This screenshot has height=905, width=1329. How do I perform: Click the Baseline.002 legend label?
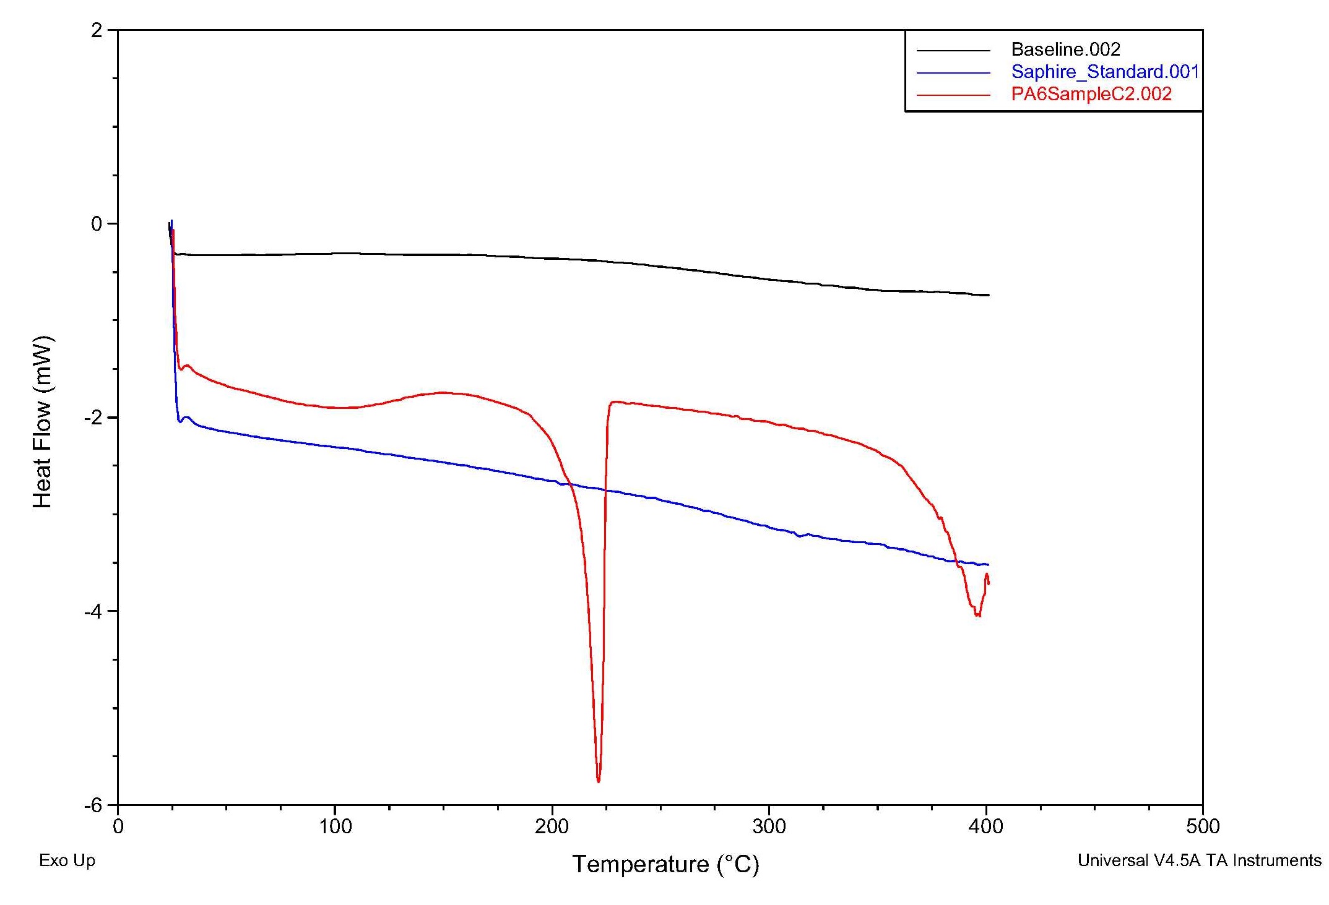point(1065,49)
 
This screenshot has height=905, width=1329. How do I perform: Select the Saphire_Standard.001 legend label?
point(1105,72)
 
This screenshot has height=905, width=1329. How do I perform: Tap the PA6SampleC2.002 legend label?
point(1091,94)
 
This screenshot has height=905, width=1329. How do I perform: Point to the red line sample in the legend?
point(953,95)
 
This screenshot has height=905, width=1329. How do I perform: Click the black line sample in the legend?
point(953,50)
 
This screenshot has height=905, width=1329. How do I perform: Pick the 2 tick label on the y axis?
point(97,30)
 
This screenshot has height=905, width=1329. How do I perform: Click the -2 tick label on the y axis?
point(93,418)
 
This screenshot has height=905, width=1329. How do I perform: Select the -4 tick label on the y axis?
point(93,612)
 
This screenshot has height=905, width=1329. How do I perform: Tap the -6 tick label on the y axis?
point(93,805)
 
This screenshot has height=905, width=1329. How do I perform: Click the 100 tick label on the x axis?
point(335,826)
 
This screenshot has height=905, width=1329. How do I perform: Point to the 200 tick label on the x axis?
point(552,826)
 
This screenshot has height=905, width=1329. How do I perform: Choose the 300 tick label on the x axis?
point(769,826)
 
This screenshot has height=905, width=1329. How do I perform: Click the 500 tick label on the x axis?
point(1203,826)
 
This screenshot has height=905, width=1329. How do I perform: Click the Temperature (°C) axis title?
point(665,864)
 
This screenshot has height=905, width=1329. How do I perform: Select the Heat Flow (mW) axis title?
point(43,422)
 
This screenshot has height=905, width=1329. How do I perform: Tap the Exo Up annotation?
point(67,860)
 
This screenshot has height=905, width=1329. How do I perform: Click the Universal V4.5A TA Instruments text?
point(1199,860)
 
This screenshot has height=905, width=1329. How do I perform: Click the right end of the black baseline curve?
point(989,295)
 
